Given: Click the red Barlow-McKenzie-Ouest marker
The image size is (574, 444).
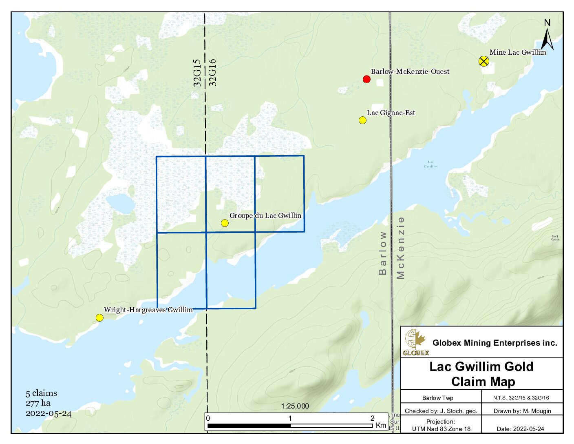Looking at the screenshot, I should (366, 79).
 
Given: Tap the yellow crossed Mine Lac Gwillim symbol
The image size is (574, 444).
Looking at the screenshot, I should (483, 62).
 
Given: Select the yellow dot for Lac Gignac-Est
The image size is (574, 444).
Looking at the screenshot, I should (362, 120).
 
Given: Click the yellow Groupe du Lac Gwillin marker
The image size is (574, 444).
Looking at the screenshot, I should (225, 223).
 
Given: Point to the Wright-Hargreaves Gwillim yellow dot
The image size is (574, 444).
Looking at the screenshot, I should (99, 317).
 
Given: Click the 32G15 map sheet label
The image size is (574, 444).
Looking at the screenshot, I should (197, 73).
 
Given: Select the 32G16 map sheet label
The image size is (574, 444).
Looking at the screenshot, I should (212, 73).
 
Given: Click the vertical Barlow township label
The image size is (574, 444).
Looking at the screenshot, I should (382, 253).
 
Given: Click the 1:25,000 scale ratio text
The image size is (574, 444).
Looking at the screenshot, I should (295, 406).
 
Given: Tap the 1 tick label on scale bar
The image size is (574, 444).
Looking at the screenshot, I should (290, 418).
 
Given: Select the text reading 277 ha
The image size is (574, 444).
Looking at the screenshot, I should (38, 403).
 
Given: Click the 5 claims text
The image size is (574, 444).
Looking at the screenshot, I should (41, 393).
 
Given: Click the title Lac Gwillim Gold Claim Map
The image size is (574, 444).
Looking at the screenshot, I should (482, 374).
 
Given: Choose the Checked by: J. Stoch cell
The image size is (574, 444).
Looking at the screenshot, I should (441, 411).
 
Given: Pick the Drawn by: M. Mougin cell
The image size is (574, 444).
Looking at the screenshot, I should (522, 411).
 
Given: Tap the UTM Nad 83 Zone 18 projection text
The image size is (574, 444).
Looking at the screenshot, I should (441, 429).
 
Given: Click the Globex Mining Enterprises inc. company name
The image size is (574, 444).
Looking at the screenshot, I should (495, 343).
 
